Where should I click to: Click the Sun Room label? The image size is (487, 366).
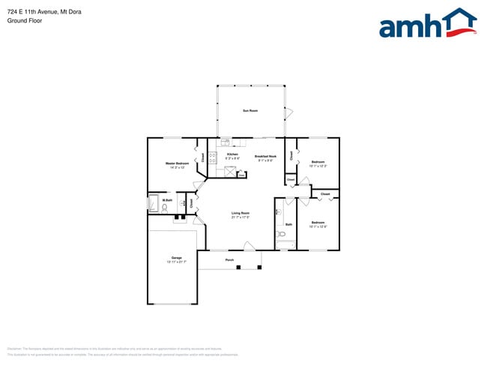coord(249,111)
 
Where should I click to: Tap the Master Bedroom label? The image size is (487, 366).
coord(177,163)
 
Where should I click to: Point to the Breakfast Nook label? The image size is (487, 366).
coord(265,156)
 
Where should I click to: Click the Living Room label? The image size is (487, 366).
coord(240,214)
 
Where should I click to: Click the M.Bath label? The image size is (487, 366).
coord(168,200)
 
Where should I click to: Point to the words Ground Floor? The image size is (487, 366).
coord(25,21)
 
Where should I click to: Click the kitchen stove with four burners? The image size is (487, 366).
coord(213,157)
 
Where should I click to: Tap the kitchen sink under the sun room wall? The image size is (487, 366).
coord(225,142)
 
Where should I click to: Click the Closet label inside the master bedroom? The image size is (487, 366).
coord(202,157)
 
